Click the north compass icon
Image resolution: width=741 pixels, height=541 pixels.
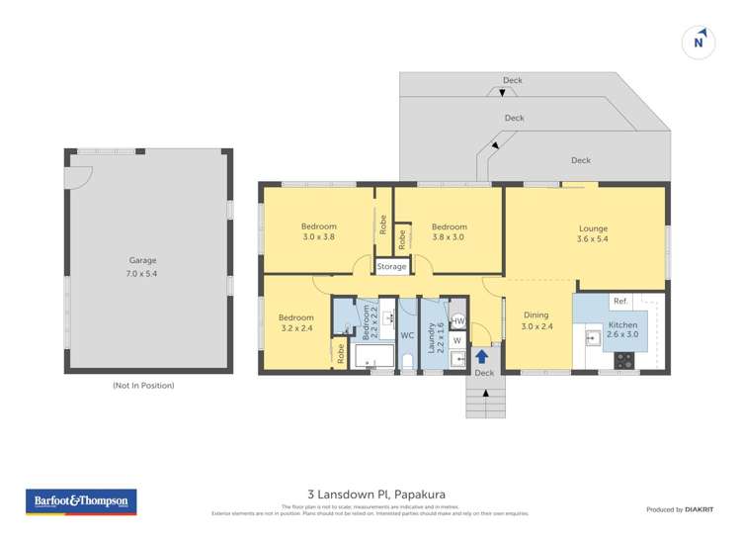pos(699,41)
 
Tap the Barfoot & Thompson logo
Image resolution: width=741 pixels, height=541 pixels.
pos(80,501)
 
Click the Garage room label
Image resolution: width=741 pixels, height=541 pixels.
pos(143,267)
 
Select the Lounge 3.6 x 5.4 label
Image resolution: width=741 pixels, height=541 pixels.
pos(593,234)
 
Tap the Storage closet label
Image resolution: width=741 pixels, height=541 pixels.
pos(391,267)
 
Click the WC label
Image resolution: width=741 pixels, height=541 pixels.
pos(406,335)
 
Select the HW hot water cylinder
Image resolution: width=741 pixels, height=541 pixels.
pos(457,321)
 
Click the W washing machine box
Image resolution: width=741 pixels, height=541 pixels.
pos(456,340)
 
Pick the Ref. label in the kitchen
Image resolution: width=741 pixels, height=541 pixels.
pos(620,301)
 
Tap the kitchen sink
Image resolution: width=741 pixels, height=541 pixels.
pos(593,339)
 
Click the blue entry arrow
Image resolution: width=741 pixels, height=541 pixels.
pos(483,356)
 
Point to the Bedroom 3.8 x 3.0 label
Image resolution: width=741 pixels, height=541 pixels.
pos(450,231)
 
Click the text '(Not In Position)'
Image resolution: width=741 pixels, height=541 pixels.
pos(143,386)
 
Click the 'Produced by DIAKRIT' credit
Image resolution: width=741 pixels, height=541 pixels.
pos(679,509)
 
